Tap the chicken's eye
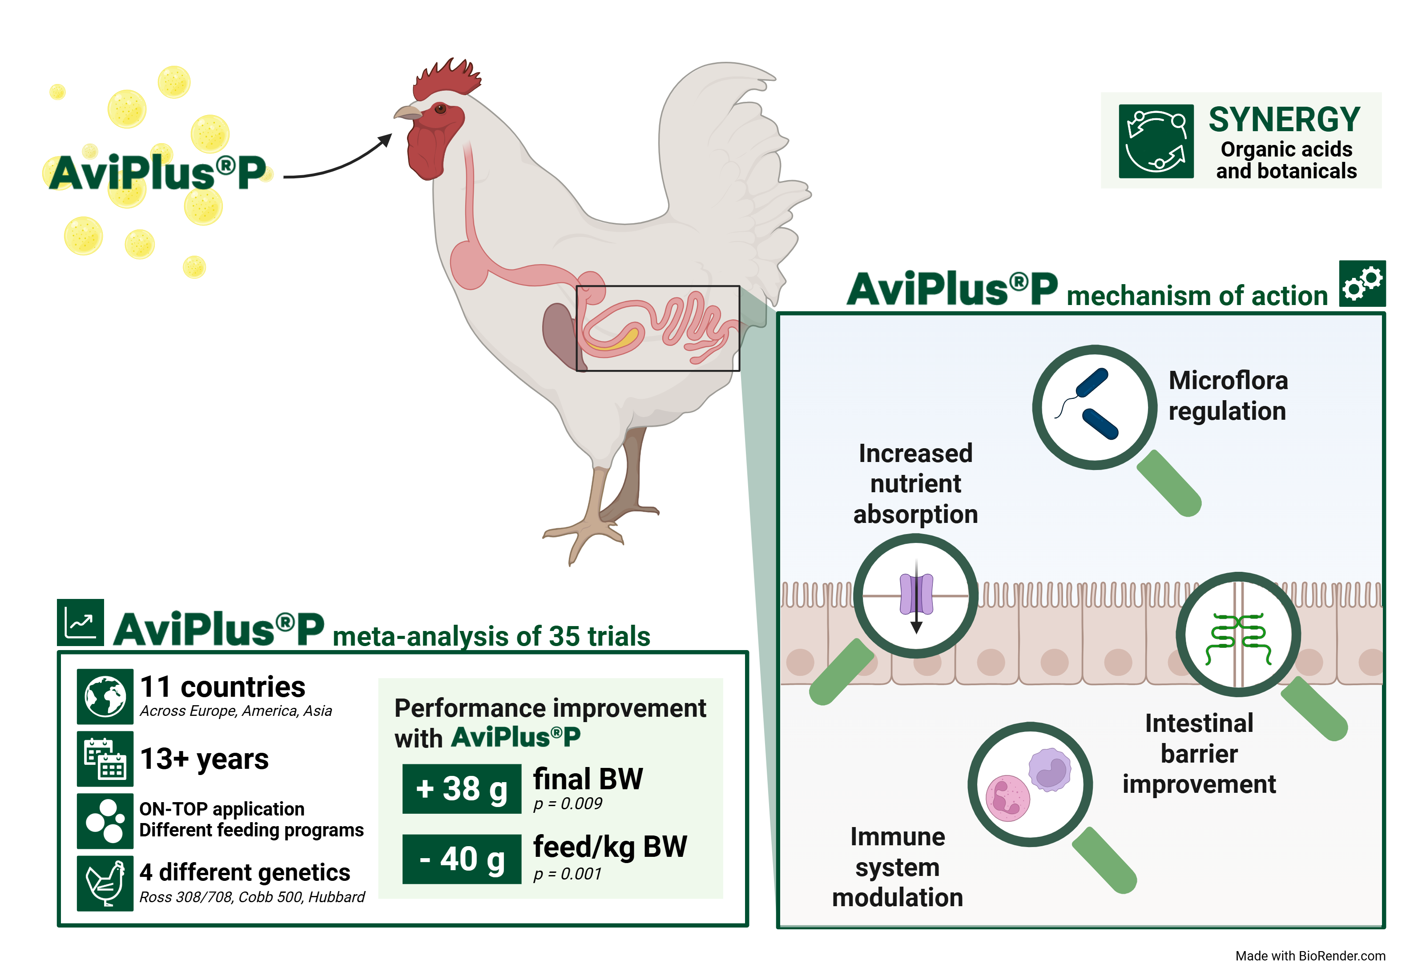[440, 109]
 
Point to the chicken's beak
[407, 113]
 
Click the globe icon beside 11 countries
[105, 696]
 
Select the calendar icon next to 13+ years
[105, 759]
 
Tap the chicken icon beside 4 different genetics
[105, 884]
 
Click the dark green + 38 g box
[461, 789]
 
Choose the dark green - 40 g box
[461, 859]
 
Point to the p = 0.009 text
[568, 803]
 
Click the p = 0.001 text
[568, 874]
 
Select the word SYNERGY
[1284, 120]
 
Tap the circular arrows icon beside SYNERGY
[1156, 141]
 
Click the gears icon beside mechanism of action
[1362, 283]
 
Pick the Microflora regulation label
[1228, 396]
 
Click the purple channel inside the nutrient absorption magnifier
[916, 594]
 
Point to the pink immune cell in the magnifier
[1007, 798]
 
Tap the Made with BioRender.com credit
[1310, 956]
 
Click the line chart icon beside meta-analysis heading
[81, 623]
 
